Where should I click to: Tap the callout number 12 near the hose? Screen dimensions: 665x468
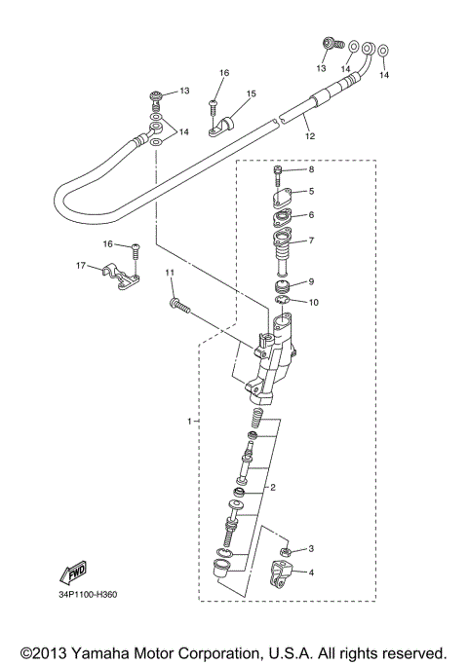click(310, 136)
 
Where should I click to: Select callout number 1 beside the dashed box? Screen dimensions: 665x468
click(189, 421)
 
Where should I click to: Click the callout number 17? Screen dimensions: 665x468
click(82, 265)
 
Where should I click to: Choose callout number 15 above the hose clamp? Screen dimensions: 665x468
click(251, 94)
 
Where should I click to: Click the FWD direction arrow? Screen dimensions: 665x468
click(75, 575)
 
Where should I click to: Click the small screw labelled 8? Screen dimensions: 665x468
click(279, 176)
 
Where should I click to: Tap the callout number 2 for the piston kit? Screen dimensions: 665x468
click(274, 487)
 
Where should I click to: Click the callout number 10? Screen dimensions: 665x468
click(313, 303)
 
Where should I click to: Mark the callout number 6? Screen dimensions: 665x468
click(311, 215)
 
